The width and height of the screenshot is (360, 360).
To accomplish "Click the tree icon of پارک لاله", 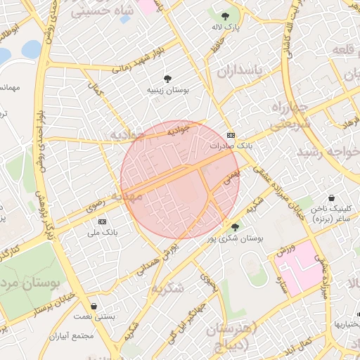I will click(x=225, y=15).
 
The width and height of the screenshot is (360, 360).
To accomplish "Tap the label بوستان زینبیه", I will click(x=167, y=91).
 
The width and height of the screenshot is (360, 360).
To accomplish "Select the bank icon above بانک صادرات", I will click(x=231, y=135).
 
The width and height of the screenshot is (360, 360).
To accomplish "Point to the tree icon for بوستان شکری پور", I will click(x=234, y=226).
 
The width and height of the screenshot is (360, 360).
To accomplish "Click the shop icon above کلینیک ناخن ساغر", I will click(x=331, y=198).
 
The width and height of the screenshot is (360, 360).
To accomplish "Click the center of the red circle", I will click(x=180, y=179).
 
